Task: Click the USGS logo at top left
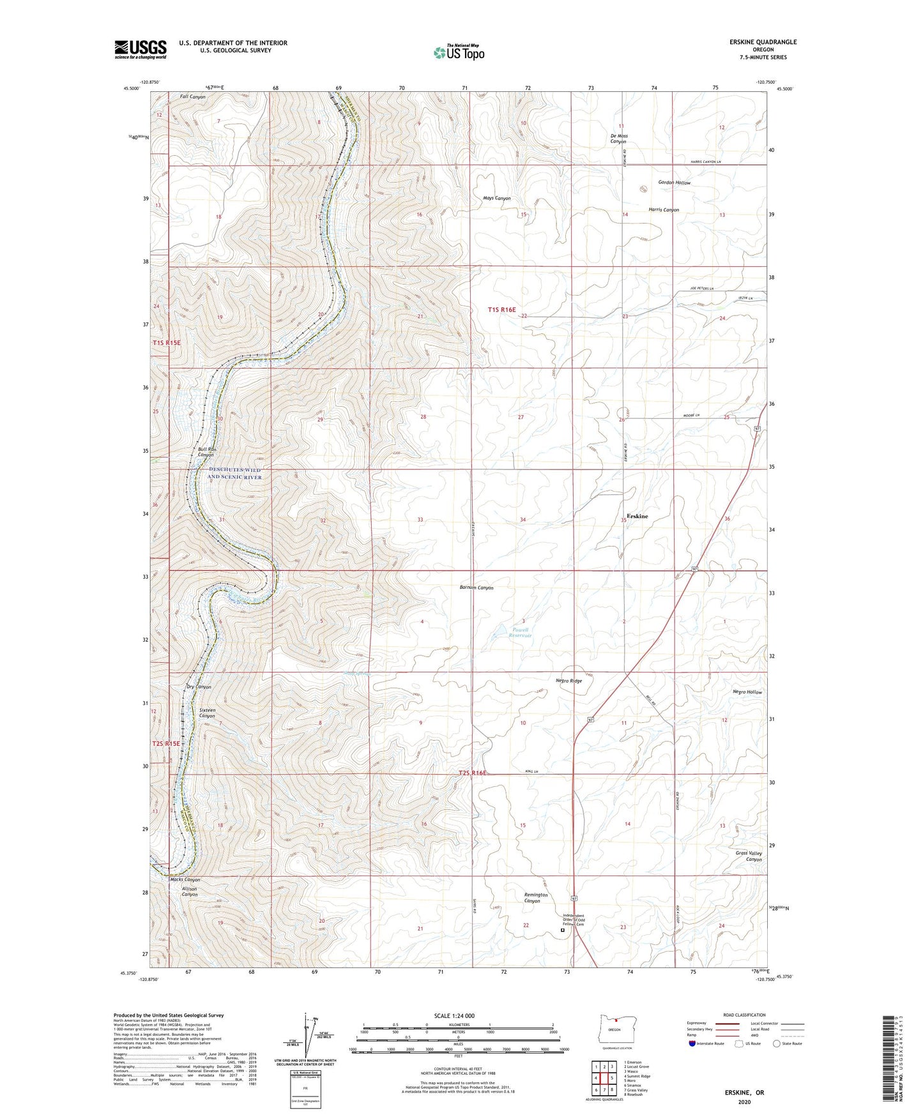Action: (x=141, y=49)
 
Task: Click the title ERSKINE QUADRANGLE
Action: (x=763, y=42)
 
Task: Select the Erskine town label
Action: (x=636, y=516)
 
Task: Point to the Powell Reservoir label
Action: (x=519, y=632)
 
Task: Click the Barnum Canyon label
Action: (x=477, y=588)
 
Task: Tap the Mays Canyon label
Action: (x=496, y=199)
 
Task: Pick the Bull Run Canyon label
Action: (x=207, y=452)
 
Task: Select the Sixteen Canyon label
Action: (x=207, y=713)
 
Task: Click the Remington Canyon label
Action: (x=536, y=897)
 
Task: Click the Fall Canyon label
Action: (x=192, y=97)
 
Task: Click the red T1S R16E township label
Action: (x=501, y=310)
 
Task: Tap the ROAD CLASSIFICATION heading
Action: (x=744, y=1015)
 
